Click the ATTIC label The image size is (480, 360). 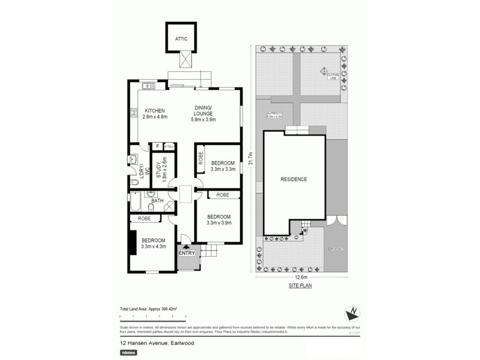click(x=181, y=39)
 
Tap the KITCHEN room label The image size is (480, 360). click(x=154, y=110)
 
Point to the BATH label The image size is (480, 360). click(x=157, y=200)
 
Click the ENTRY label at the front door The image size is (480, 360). click(x=187, y=253)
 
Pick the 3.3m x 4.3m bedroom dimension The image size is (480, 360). click(x=153, y=246)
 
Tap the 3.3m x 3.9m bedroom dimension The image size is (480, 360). click(x=218, y=223)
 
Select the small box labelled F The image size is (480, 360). click(x=157, y=146)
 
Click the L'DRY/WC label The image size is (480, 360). click(x=137, y=172)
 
